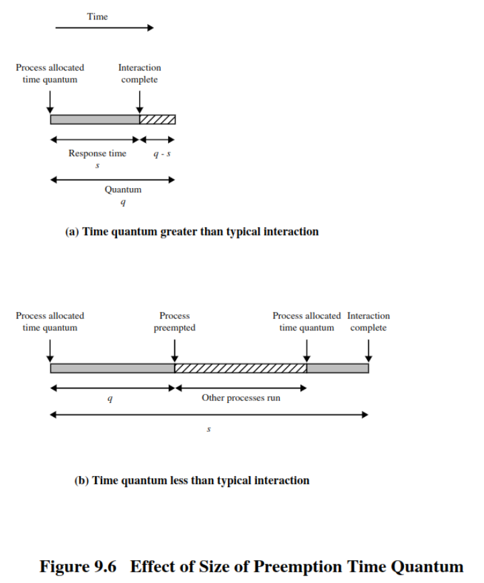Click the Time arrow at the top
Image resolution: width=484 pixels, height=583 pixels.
(x=104, y=28)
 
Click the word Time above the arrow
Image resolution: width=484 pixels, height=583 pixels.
(x=97, y=16)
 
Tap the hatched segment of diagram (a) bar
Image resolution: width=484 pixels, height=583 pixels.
(x=157, y=120)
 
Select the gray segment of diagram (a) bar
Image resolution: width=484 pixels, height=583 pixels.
(x=95, y=120)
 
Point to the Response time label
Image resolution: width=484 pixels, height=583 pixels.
(x=97, y=153)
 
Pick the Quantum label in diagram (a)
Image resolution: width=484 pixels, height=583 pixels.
(x=123, y=189)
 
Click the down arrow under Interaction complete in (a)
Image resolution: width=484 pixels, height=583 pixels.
(x=140, y=101)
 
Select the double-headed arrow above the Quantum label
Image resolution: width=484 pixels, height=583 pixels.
(x=112, y=179)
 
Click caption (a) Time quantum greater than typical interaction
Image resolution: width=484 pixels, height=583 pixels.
(x=192, y=232)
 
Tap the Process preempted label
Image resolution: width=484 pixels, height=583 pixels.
(x=174, y=322)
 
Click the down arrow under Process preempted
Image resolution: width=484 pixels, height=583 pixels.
(x=175, y=349)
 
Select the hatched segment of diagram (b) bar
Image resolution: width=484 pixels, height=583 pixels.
(x=240, y=368)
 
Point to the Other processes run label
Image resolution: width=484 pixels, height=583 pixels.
(x=241, y=398)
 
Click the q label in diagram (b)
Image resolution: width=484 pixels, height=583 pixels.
(x=110, y=398)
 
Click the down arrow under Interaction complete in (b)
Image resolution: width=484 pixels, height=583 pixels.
(x=368, y=349)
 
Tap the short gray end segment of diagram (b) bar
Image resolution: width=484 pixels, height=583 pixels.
(x=337, y=368)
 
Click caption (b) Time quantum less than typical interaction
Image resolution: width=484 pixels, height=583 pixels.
(x=192, y=480)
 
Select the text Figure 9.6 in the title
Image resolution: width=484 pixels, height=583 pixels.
(x=81, y=566)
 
